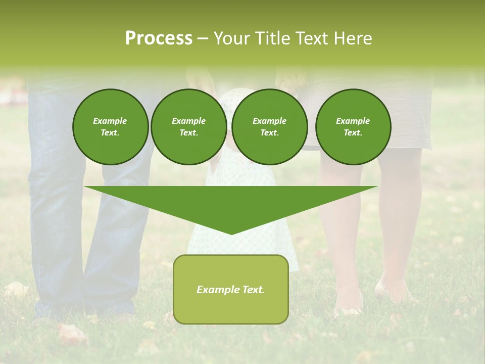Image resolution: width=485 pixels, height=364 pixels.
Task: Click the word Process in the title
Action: click(159, 38)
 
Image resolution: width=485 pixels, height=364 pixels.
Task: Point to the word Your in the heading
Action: click(232, 38)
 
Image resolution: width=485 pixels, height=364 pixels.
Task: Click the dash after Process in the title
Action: click(203, 39)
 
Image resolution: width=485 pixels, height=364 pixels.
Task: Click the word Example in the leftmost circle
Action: click(110, 121)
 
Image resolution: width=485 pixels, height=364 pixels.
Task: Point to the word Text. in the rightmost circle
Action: click(353, 132)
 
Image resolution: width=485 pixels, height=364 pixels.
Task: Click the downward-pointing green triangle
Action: click(231, 202)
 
